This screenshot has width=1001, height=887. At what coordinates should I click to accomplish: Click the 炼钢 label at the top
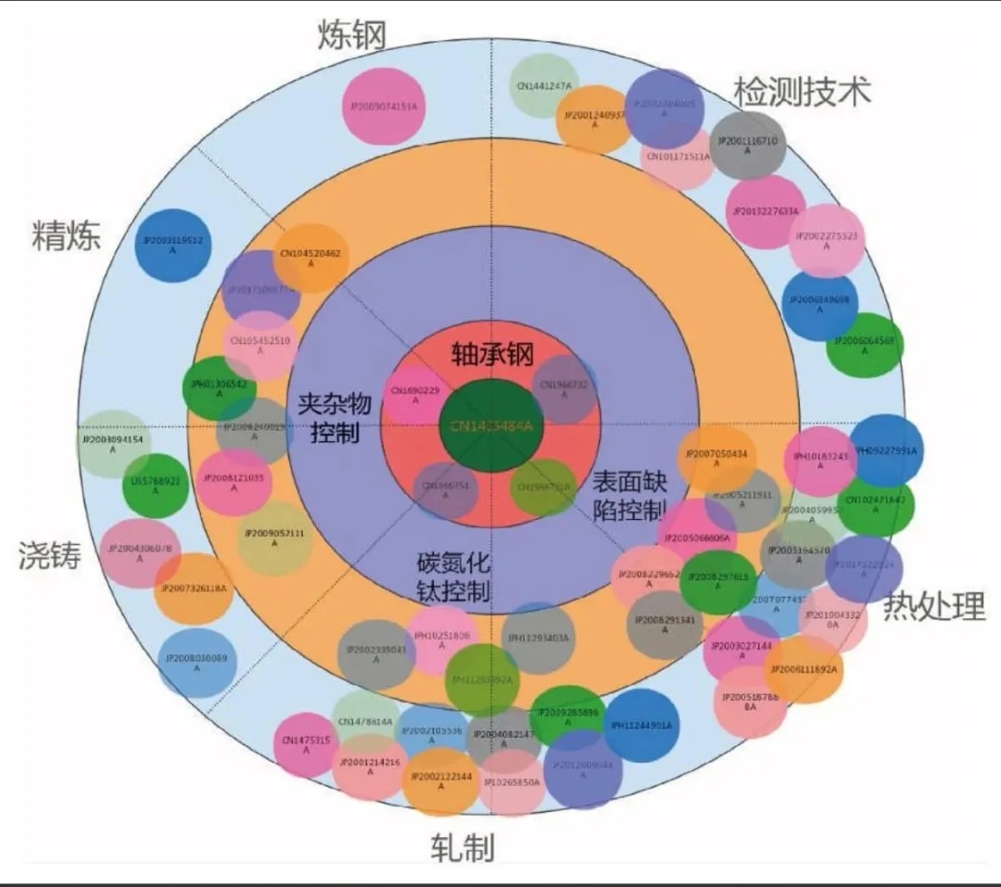click(x=351, y=35)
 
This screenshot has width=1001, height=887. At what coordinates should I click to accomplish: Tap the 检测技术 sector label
click(x=803, y=92)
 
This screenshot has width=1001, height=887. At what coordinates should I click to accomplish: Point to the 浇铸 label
click(x=49, y=555)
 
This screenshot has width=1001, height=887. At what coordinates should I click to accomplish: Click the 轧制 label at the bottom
click(x=462, y=847)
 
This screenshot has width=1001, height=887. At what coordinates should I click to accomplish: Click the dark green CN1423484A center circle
click(x=491, y=425)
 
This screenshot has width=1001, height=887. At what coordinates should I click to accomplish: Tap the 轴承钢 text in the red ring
click(x=492, y=354)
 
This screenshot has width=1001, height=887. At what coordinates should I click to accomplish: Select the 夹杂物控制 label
click(x=335, y=417)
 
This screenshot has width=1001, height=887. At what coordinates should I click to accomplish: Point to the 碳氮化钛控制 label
click(x=453, y=577)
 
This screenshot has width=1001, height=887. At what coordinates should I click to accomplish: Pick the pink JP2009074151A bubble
click(x=383, y=107)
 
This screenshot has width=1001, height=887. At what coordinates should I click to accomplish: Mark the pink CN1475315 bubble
click(x=306, y=744)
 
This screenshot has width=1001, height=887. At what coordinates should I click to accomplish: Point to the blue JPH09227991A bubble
click(x=886, y=451)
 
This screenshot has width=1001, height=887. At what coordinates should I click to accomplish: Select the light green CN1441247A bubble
click(x=545, y=87)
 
